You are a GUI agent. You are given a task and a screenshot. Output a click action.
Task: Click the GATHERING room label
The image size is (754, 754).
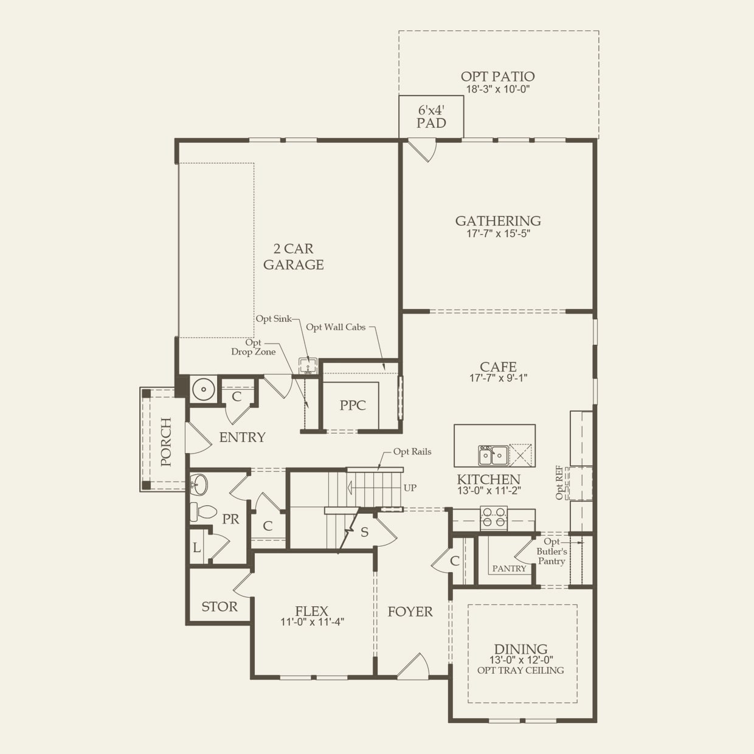[x=498, y=221]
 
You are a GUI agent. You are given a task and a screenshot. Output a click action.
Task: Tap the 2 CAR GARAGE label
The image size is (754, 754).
[x=293, y=257]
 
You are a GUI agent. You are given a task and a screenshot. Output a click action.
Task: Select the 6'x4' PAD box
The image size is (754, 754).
[x=431, y=117]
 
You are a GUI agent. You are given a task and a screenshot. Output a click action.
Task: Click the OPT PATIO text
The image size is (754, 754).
[x=497, y=77]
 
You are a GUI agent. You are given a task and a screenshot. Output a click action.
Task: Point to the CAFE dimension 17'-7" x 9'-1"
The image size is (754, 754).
[x=498, y=378]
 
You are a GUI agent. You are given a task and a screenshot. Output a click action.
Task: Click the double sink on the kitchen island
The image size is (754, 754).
[x=493, y=455]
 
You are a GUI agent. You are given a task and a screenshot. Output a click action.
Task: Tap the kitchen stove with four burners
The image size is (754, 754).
[x=494, y=517]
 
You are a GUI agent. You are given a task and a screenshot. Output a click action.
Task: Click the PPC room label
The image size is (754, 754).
[x=353, y=406]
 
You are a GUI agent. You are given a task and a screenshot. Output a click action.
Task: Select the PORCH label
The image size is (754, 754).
[x=165, y=442]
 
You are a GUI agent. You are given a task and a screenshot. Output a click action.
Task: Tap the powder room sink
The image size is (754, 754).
[x=199, y=485]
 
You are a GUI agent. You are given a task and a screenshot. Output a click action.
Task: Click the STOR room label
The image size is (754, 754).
[x=220, y=607]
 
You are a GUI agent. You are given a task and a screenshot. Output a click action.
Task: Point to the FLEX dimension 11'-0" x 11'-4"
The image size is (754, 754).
[x=312, y=622]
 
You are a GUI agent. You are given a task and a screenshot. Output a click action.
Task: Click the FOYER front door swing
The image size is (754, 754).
[x=414, y=666]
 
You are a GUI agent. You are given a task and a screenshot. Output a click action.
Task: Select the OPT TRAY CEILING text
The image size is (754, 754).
[x=521, y=670]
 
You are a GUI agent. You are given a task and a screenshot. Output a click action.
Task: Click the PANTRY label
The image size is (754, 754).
[x=509, y=569]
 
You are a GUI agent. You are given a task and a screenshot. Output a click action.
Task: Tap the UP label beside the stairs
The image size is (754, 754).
[x=410, y=488]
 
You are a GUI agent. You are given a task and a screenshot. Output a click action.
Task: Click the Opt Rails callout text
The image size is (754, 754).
[x=412, y=451]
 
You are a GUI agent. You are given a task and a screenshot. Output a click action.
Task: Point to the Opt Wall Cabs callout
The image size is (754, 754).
[x=336, y=327]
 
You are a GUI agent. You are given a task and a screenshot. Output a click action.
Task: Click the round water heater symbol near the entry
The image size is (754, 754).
[x=203, y=389]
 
